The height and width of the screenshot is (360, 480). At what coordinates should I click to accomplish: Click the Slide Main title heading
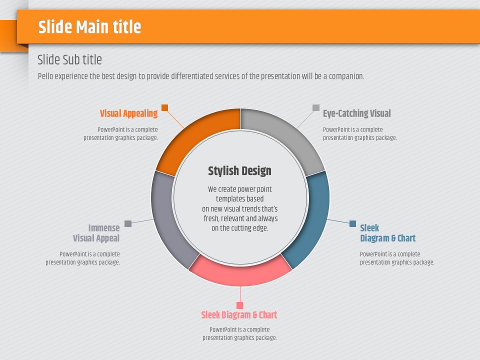89,26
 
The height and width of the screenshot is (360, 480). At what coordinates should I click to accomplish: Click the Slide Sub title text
69,59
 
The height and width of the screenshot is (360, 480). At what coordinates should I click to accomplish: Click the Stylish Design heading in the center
239,171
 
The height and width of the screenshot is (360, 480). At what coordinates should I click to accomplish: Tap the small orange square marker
164,107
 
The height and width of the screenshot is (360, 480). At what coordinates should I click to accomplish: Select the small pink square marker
239,305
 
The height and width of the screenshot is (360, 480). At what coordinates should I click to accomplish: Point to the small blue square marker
352,224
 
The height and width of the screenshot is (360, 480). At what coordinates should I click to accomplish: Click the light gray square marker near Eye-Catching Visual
316,107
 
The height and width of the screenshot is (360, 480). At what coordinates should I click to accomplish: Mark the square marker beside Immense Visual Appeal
128,224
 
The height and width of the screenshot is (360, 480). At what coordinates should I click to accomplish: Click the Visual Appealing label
128,113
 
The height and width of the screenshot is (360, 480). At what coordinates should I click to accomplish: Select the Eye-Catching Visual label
357,113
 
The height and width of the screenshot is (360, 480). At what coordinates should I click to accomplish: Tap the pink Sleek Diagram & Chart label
239,314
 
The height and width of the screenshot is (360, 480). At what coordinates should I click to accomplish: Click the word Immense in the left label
104,228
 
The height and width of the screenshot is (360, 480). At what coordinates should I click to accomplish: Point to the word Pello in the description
45,76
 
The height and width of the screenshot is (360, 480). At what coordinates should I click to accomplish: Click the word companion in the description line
346,76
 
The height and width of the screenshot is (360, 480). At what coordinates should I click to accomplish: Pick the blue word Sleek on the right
369,228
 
